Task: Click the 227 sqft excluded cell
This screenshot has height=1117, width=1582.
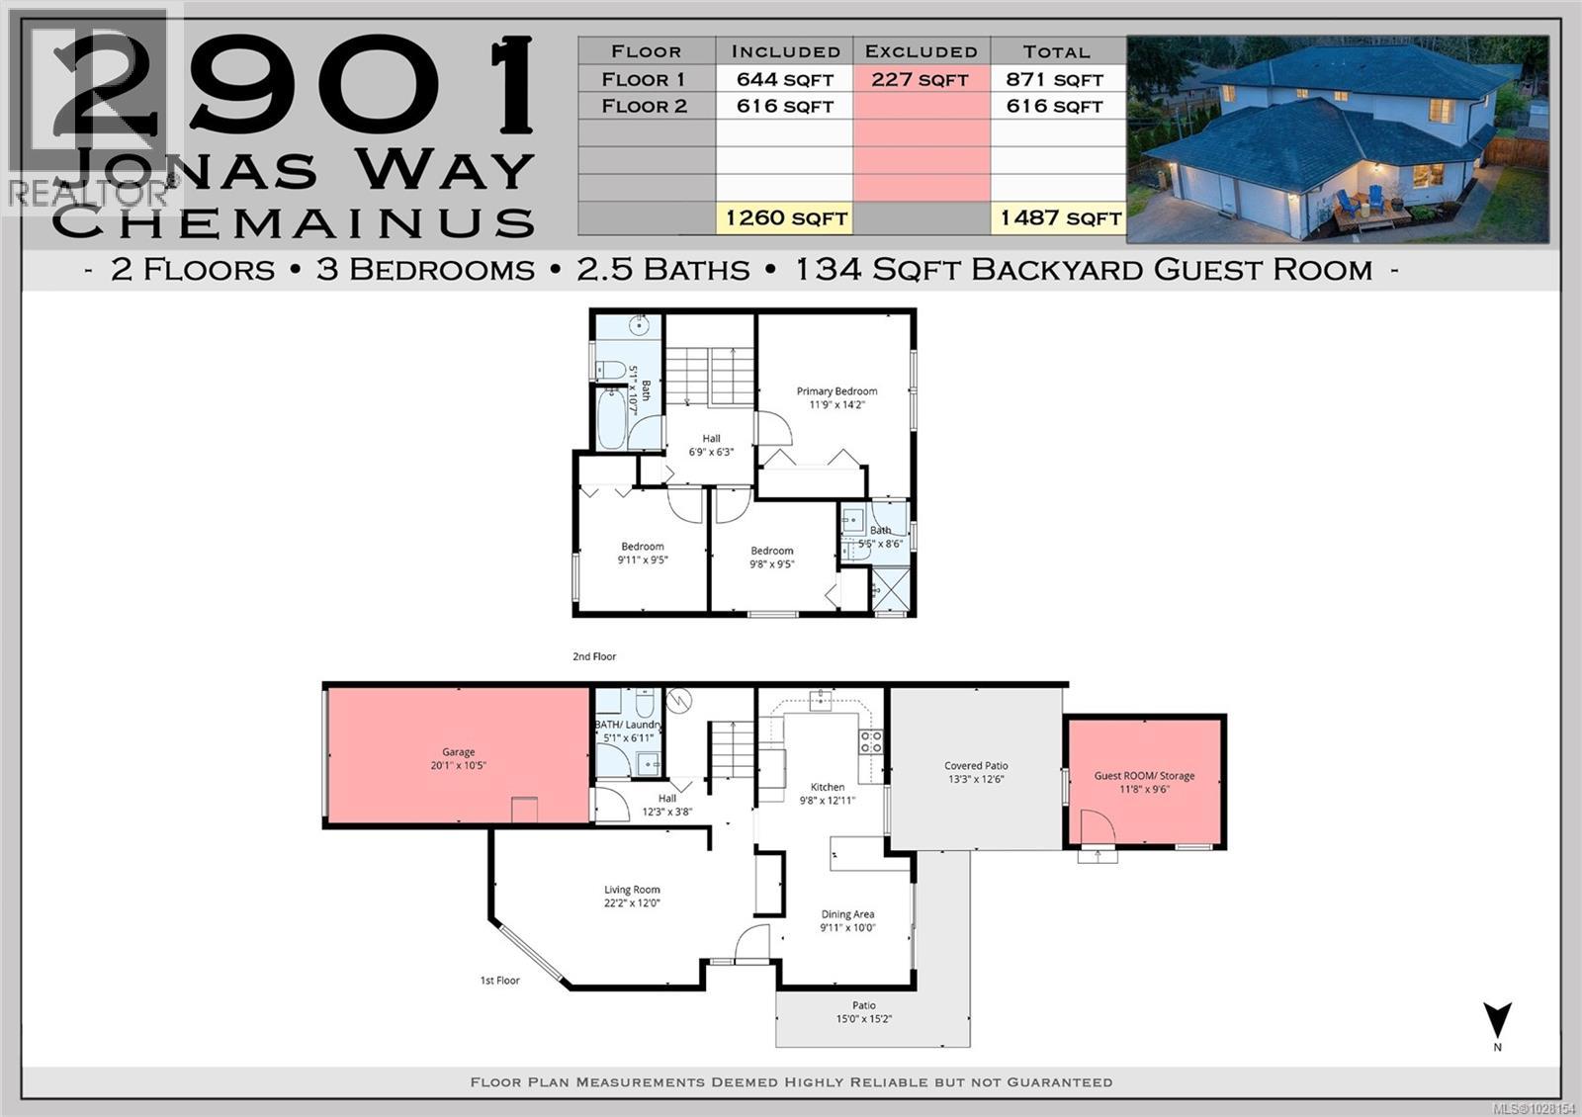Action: pyautogui.click(x=921, y=79)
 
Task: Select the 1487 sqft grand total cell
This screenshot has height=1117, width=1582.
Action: pyautogui.click(x=1059, y=217)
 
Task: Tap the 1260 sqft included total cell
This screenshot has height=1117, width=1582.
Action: pyautogui.click(x=785, y=217)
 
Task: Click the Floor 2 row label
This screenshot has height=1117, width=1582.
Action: pyautogui.click(x=646, y=106)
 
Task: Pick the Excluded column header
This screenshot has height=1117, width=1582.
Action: pyautogui.click(x=921, y=51)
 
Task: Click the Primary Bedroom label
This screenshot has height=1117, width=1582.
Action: pyautogui.click(x=836, y=391)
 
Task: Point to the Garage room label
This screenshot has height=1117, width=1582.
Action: pyautogui.click(x=458, y=752)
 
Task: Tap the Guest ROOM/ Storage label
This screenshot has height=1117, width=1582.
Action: pyautogui.click(x=1144, y=776)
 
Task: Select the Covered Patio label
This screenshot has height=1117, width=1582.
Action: pyautogui.click(x=976, y=766)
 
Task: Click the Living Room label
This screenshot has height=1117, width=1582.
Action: pyautogui.click(x=632, y=890)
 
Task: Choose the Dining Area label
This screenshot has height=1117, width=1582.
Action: pyautogui.click(x=847, y=914)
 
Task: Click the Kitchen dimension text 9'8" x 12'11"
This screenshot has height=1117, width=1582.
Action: pyautogui.click(x=828, y=801)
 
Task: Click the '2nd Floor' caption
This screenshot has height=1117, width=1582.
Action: pyautogui.click(x=594, y=656)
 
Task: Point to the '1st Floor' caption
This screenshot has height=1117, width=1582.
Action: pyautogui.click(x=499, y=981)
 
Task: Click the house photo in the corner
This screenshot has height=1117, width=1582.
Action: pyautogui.click(x=1338, y=139)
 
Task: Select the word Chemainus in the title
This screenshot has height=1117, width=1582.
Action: pyautogui.click(x=294, y=221)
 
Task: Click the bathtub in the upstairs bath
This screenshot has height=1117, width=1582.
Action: pyautogui.click(x=609, y=419)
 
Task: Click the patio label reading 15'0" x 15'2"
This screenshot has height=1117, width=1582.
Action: pyautogui.click(x=863, y=1018)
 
